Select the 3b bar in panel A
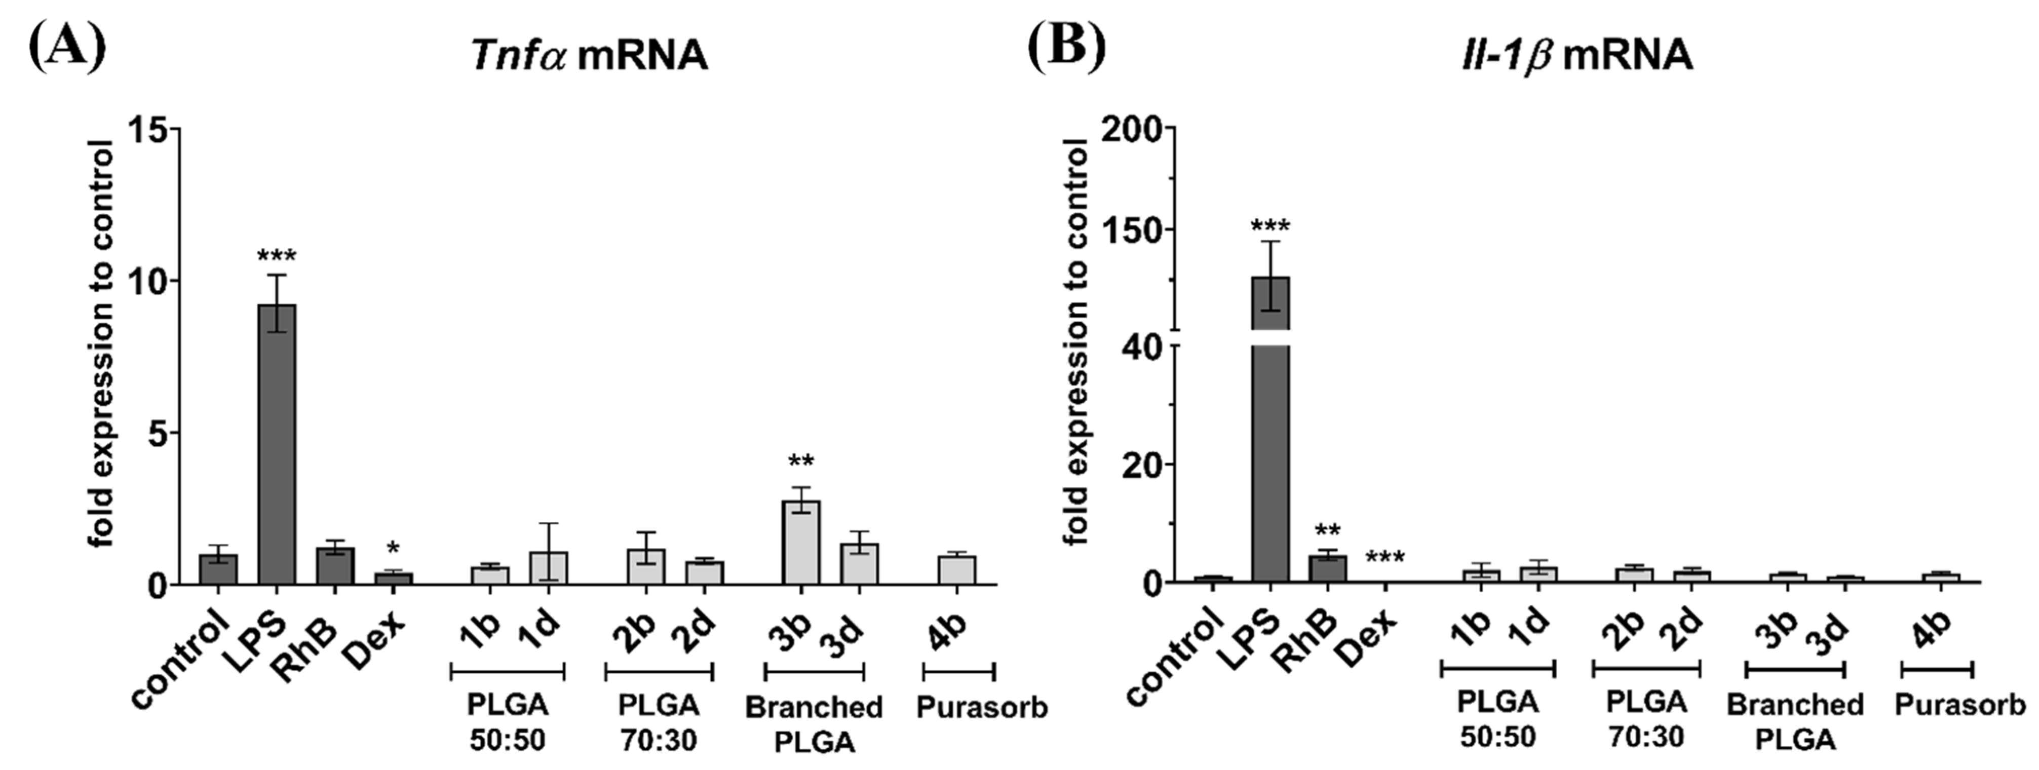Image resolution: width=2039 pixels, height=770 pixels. pos(800,542)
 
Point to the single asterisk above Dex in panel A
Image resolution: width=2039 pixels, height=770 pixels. pos(393,549)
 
